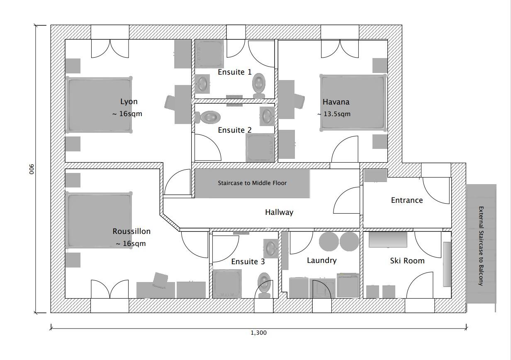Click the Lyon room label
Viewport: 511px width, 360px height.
pyautogui.click(x=129, y=102)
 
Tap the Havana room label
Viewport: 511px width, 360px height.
pyautogui.click(x=336, y=102)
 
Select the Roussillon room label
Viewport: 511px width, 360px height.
pyautogui.click(x=131, y=231)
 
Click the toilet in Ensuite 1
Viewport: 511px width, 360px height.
pyautogui.click(x=259, y=85)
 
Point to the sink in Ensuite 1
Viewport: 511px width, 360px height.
pyautogui.click(x=202, y=83)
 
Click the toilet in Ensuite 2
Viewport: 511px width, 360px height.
pyautogui.click(x=207, y=117)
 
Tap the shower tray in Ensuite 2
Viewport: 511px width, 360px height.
pyautogui.click(x=260, y=148)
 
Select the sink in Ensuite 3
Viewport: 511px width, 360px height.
pyautogui.click(x=271, y=248)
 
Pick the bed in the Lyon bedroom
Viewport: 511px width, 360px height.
pyautogui.click(x=99, y=105)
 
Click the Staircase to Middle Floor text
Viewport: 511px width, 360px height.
pyautogui.click(x=252, y=183)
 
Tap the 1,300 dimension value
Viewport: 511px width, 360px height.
pyautogui.click(x=258, y=333)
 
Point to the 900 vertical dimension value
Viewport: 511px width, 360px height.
pyautogui.click(x=32, y=169)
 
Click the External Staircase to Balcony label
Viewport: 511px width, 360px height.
pyautogui.click(x=481, y=246)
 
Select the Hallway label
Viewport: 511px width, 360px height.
pyautogui.click(x=279, y=212)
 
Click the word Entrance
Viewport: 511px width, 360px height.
pyautogui.click(x=407, y=200)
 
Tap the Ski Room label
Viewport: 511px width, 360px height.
pyautogui.click(x=407, y=261)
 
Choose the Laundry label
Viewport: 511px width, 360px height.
pyautogui.click(x=322, y=260)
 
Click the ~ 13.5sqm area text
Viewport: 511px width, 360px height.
pyautogui.click(x=334, y=114)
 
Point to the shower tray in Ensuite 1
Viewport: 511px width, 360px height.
pyautogui.click(x=209, y=54)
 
